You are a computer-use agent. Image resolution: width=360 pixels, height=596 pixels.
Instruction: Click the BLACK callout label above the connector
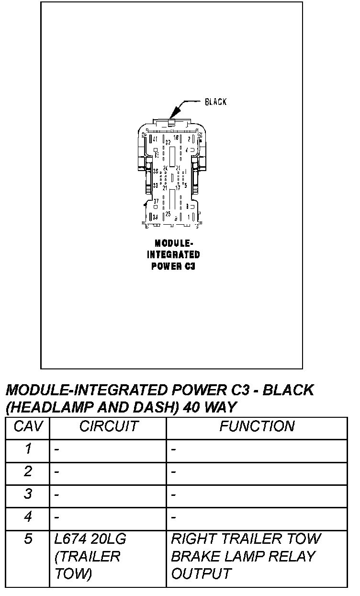[x=215, y=102]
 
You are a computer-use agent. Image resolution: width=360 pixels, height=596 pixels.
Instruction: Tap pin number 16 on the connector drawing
[x=176, y=138]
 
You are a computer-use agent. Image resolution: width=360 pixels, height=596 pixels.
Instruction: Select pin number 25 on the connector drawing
[x=168, y=214]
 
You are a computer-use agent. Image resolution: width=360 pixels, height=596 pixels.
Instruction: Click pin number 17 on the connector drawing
[x=178, y=187]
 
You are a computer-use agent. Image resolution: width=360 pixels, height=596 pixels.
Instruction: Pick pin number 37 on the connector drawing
[x=156, y=201]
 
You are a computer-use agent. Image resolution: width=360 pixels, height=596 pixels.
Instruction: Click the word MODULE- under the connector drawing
[x=173, y=243]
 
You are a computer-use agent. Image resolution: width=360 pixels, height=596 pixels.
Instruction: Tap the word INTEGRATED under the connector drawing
[x=173, y=254]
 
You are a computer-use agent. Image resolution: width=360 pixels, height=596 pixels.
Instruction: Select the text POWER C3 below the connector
[x=173, y=266]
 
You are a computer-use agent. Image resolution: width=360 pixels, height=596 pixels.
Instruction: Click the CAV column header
[x=28, y=426]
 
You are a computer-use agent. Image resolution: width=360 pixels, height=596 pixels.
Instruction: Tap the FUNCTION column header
[x=257, y=426]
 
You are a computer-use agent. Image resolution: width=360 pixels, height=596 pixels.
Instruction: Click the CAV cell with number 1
[x=28, y=449]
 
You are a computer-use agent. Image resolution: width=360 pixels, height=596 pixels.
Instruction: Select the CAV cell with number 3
[x=28, y=494]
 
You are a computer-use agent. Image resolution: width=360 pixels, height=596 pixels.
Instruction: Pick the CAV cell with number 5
[x=28, y=539]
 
